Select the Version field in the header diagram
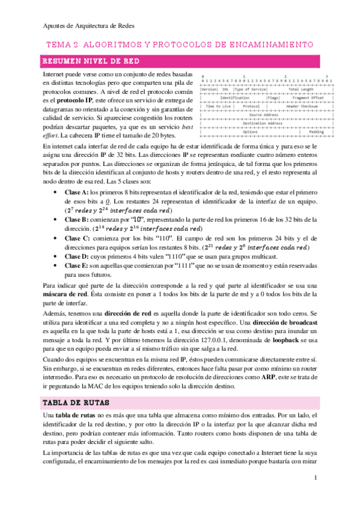tap(210, 89)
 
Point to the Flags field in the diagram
tap(273, 97)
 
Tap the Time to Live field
tap(216, 106)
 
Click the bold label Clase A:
tap(76, 191)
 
